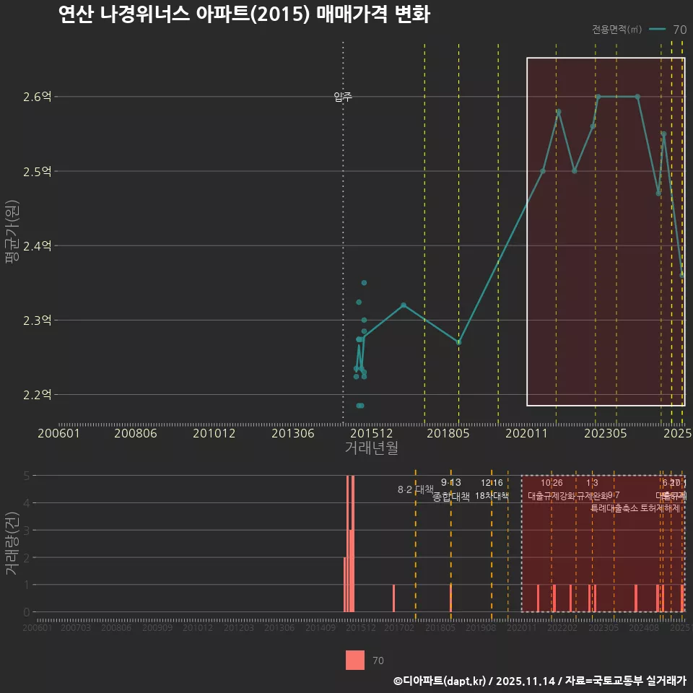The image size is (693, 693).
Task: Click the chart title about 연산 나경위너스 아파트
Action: (x=244, y=15)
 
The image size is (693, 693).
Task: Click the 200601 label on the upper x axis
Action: (x=58, y=433)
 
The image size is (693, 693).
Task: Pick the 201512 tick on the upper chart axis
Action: (x=371, y=433)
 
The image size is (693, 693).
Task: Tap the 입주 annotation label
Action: (x=343, y=97)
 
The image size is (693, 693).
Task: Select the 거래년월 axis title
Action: (x=371, y=448)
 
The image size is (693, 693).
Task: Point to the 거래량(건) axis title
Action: (x=12, y=543)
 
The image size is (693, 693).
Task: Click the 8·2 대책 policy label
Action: (x=410, y=489)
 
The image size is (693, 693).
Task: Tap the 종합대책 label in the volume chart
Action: (x=450, y=496)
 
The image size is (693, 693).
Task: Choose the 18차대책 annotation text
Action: (x=492, y=495)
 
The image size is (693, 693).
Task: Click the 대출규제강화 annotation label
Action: (x=552, y=496)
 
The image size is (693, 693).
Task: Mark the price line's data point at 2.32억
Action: (x=404, y=305)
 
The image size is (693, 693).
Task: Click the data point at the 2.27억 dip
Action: (x=458, y=342)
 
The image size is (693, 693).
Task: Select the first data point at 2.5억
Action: (x=543, y=171)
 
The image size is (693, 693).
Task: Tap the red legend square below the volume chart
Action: (x=355, y=660)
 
